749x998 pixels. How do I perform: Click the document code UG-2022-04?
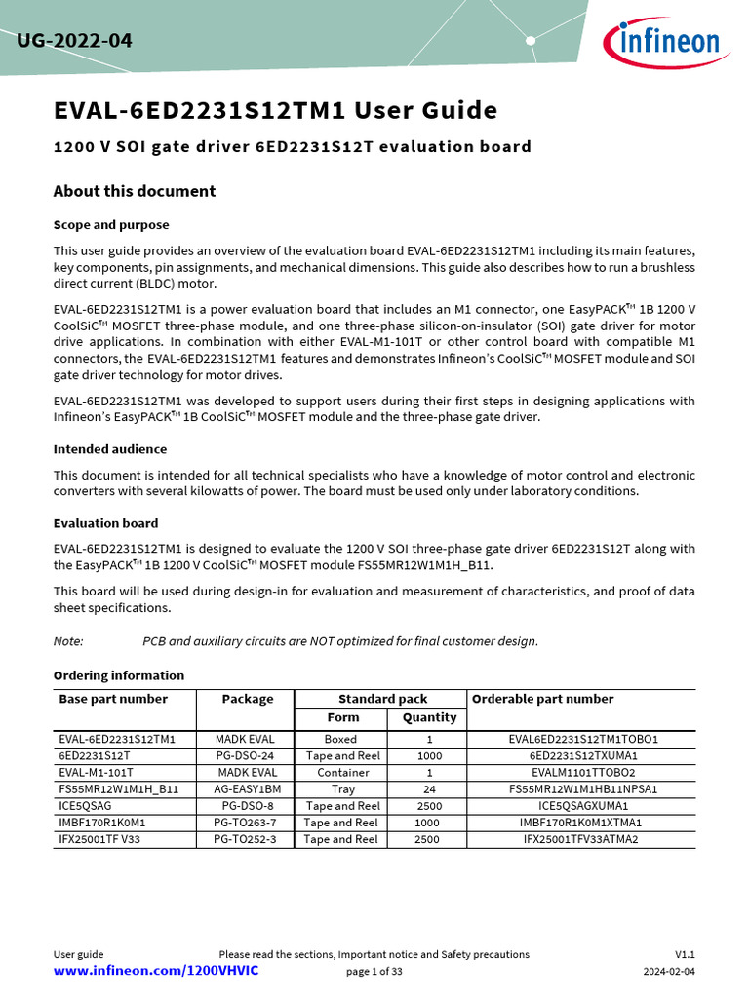[74, 42]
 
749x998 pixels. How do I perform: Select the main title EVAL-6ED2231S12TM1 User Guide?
[275, 111]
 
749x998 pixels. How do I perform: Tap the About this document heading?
[135, 191]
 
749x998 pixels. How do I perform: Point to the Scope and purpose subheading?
[111, 225]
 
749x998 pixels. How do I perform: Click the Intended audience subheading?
[110, 449]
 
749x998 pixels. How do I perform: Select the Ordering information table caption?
[118, 675]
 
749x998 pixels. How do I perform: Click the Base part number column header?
[113, 699]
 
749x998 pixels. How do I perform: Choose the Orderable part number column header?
[543, 699]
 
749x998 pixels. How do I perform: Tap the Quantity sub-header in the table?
[429, 717]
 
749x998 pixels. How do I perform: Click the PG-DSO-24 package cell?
[245, 756]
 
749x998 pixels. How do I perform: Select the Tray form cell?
[342, 789]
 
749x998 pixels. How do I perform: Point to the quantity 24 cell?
[429, 789]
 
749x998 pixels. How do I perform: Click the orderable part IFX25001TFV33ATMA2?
[580, 839]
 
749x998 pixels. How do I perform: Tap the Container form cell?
[342, 773]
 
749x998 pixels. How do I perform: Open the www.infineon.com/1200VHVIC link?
[156, 972]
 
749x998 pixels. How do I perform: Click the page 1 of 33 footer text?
[374, 972]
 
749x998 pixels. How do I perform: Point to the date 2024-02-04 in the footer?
[669, 972]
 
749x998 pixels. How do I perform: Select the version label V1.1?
[685, 955]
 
